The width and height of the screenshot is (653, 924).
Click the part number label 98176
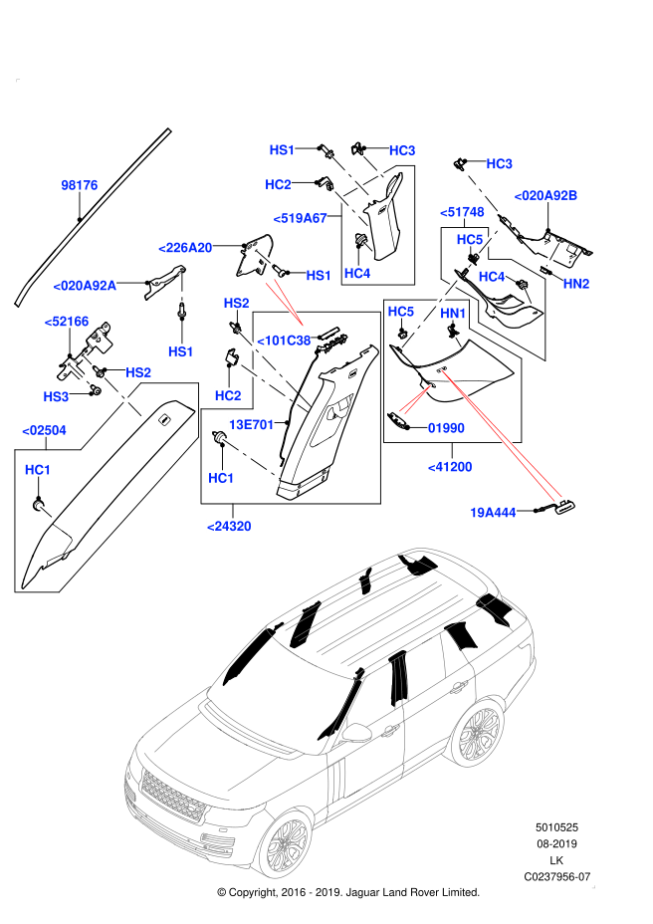[80, 185]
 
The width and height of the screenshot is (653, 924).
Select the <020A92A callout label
[85, 285]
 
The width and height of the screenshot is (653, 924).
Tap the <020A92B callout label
[545, 195]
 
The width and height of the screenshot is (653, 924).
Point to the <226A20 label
[185, 247]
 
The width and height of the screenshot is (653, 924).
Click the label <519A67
[300, 217]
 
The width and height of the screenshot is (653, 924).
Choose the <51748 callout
[463, 212]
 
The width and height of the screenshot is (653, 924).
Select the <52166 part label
[67, 321]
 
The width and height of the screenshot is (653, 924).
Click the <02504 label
[44, 429]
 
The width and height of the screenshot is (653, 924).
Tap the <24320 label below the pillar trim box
[229, 526]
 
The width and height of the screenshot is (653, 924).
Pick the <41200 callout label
[450, 465]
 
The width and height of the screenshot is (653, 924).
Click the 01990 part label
[445, 428]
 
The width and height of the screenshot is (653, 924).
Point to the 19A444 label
[492, 513]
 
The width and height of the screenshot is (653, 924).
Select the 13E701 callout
[252, 423]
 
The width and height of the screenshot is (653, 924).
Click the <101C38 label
[285, 341]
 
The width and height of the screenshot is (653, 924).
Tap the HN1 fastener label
[453, 314]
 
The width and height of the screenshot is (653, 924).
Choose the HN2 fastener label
[576, 284]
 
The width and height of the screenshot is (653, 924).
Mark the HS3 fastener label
[57, 395]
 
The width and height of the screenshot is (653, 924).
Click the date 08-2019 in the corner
[557, 844]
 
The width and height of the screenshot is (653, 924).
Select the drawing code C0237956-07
[557, 876]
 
